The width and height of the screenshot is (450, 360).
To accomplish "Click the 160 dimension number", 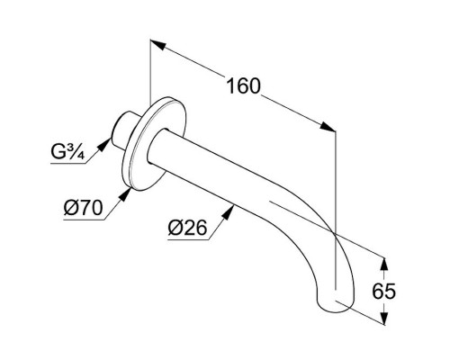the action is [243, 86].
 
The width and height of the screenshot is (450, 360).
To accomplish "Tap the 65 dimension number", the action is [383, 291].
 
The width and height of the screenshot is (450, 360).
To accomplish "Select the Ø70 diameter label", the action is [83, 208].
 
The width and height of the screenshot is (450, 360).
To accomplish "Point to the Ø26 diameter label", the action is [187, 228].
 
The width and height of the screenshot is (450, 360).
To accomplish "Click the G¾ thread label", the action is [67, 152].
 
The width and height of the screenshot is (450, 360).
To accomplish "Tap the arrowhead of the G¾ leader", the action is [104, 145].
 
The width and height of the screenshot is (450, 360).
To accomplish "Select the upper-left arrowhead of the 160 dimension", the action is [157, 44].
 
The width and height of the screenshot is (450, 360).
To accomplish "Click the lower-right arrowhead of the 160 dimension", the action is [328, 127].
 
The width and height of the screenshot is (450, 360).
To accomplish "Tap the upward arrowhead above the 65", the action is [384, 265].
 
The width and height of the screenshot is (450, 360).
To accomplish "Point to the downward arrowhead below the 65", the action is [384, 317].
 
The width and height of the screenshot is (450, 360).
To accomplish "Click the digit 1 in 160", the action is [230, 86].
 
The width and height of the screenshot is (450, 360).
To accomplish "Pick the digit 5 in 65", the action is [390, 291].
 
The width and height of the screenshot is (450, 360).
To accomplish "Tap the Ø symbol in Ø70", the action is [69, 208].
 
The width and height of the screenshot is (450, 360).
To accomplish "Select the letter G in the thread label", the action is [57, 152].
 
